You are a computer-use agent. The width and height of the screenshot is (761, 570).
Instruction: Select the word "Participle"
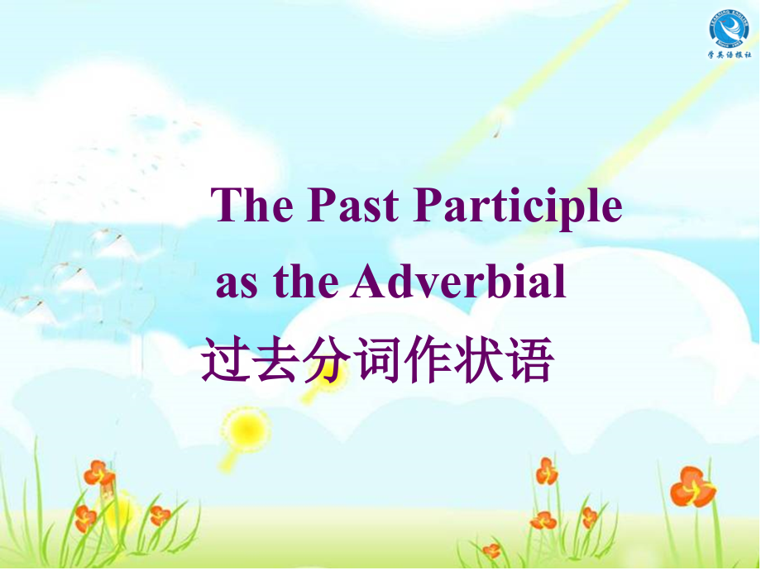pos(517,207)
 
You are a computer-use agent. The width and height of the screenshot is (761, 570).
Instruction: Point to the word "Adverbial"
pos(459,282)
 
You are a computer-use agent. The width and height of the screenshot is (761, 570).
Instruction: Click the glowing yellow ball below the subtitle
pos(246,428)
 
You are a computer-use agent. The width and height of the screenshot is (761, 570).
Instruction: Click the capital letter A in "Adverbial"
pos(366,282)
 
